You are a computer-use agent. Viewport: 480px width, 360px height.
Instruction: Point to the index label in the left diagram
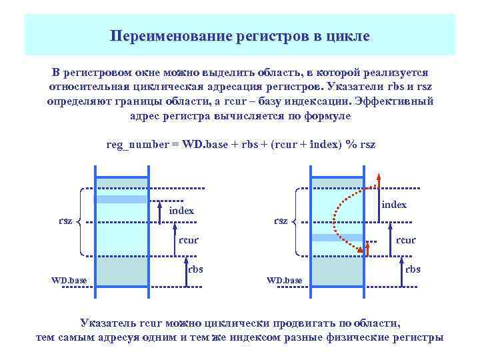click(x=181, y=211)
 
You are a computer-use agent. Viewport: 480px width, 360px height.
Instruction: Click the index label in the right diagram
click(x=394, y=205)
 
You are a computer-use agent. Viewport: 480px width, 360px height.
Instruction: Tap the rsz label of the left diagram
click(x=65, y=221)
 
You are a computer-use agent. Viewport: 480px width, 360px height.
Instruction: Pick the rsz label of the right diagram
click(x=281, y=221)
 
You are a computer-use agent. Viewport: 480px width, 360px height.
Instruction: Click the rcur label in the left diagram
click(x=189, y=240)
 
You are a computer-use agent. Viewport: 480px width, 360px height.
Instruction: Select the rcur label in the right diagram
click(x=405, y=240)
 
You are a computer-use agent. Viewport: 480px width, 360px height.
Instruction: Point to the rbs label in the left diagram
click(x=195, y=269)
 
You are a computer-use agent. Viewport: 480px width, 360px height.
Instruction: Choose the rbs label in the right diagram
click(x=413, y=269)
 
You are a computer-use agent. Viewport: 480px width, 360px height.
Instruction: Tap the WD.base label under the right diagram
click(x=284, y=280)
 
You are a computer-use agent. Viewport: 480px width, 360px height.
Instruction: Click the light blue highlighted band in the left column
click(x=121, y=199)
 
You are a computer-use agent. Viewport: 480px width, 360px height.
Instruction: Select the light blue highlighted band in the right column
click(x=337, y=238)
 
